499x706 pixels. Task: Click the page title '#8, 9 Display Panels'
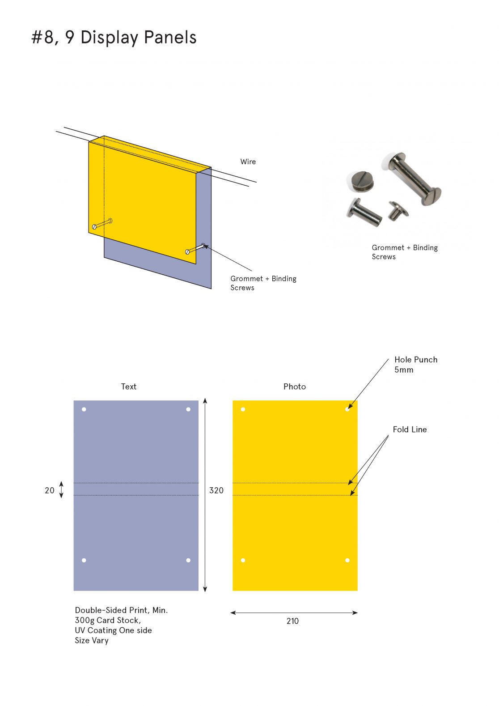point(114,38)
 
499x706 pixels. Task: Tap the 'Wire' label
point(248,162)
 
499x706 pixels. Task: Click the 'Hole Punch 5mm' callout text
point(415,365)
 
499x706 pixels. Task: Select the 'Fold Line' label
point(410,429)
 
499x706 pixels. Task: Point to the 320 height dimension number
point(216,490)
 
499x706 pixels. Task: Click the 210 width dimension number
point(292,621)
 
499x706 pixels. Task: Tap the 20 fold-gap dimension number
point(50,490)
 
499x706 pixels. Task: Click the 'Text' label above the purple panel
point(128,387)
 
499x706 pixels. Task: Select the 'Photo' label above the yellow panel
point(295,387)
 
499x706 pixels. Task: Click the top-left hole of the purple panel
point(84,409)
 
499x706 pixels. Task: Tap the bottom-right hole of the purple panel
point(188,561)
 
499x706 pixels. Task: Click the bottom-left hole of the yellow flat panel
point(243,561)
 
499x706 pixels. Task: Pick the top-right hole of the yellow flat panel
point(347,409)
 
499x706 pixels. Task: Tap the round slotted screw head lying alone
point(362,182)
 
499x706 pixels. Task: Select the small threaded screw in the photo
point(398,210)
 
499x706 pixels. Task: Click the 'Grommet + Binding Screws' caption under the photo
point(405,252)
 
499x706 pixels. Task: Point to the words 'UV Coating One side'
point(113,630)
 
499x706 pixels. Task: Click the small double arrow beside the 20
point(61,489)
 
